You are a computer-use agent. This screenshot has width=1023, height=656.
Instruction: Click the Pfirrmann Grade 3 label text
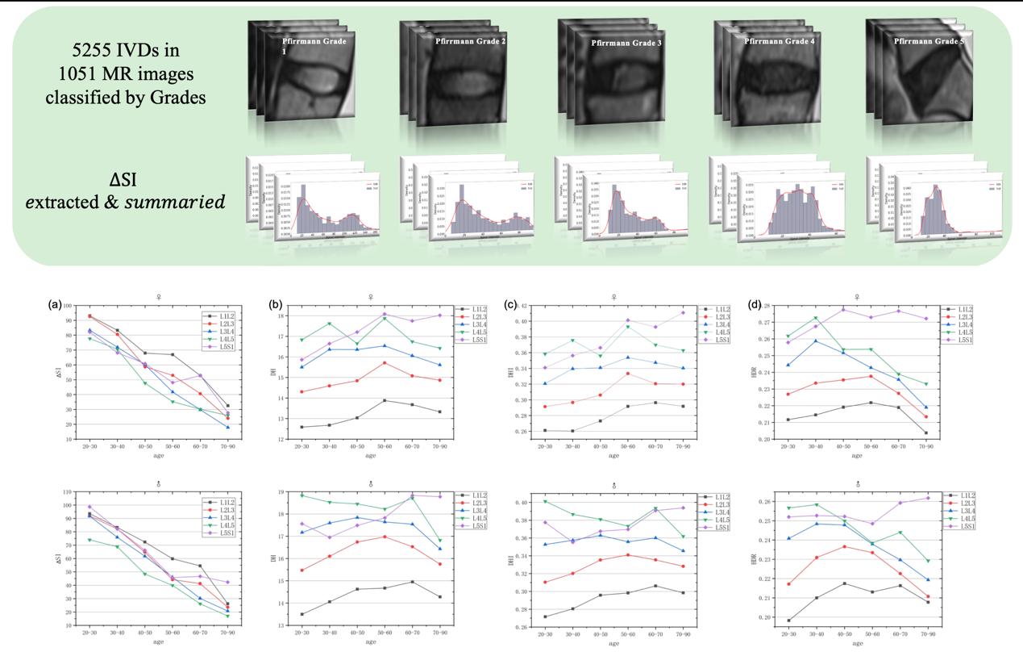[x=626, y=43]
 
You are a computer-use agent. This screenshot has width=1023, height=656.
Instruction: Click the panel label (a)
[x=55, y=304]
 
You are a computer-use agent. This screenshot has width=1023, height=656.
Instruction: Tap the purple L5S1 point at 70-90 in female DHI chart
[x=684, y=312]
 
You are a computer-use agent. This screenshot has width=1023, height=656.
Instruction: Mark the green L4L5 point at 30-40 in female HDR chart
[x=815, y=318]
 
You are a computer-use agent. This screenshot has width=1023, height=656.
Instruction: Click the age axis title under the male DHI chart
[x=614, y=644]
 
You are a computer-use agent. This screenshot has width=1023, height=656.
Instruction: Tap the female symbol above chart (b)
[x=371, y=297]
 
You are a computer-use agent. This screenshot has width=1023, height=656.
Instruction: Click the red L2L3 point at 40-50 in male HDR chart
[x=843, y=546]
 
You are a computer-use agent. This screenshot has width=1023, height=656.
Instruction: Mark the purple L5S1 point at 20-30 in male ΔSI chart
[x=89, y=507]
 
